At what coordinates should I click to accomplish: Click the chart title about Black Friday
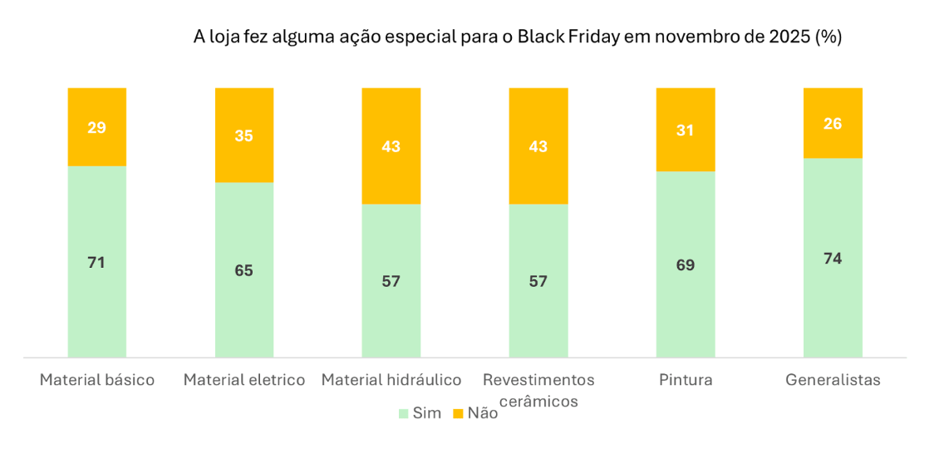517,37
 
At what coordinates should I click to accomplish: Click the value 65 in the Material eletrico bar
243,270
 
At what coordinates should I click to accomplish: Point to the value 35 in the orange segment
243,136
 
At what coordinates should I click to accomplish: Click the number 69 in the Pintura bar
685,265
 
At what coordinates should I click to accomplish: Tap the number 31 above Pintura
685,131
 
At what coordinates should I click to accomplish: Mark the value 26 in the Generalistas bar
832,124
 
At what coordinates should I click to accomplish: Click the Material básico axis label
97,380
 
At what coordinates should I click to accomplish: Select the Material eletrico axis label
244,380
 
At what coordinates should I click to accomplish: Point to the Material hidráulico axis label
391,380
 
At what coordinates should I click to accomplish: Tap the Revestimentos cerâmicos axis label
538,390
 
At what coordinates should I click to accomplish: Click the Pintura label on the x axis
686,380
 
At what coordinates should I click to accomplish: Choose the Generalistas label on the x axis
833,380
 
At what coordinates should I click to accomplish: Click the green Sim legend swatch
404,413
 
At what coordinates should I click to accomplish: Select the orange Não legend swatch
457,413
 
